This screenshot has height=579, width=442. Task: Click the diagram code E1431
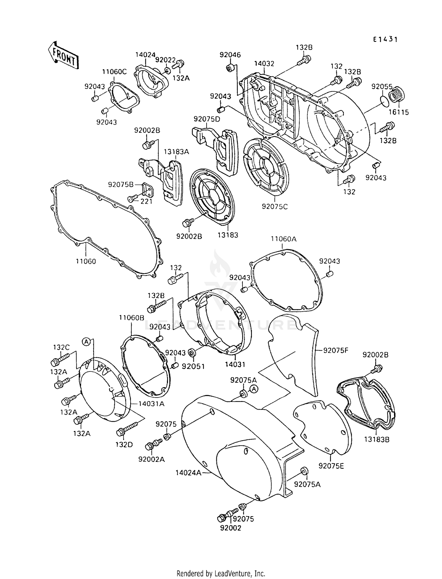coord(385,40)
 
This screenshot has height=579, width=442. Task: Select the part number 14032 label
coord(264,64)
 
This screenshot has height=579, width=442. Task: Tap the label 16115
coord(398,112)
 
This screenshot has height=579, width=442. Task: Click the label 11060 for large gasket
coord(86,261)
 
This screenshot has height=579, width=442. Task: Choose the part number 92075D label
coord(207,119)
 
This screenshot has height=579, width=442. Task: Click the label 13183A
coord(176,152)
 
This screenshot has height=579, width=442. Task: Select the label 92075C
coord(275,207)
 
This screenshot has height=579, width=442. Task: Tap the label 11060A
coord(283,239)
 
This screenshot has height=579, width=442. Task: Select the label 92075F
coord(336,351)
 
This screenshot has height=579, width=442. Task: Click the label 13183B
coord(376,439)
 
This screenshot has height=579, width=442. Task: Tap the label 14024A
coord(189,473)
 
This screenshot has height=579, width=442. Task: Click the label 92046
coord(230,55)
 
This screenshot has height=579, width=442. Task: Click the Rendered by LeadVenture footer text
coord(221,574)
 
